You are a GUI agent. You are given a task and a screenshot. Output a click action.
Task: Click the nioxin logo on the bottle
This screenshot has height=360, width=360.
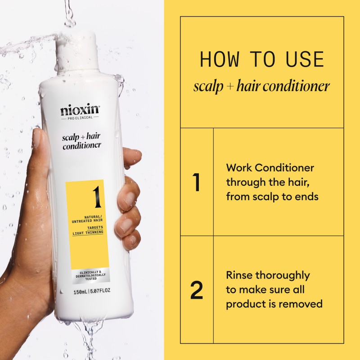(80, 110)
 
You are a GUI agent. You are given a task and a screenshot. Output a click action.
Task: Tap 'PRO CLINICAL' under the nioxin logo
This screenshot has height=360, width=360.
(80, 118)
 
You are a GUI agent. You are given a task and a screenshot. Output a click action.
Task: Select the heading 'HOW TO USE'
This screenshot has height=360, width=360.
(261, 60)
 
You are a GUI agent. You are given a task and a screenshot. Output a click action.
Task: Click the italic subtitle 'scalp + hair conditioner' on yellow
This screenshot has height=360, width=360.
(261, 86)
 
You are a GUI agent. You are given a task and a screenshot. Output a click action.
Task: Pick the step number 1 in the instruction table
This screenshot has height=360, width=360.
(196, 182)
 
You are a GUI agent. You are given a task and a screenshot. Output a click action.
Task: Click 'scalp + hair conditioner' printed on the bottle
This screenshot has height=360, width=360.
(81, 141)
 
